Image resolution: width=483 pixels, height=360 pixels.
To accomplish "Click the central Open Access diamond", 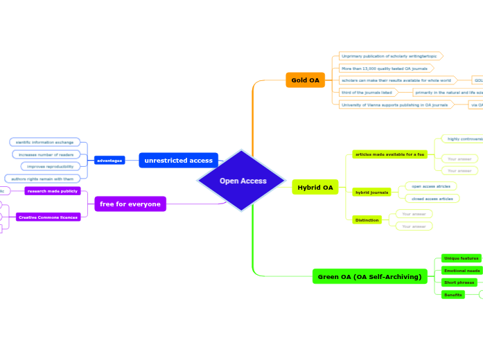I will click(x=242, y=181).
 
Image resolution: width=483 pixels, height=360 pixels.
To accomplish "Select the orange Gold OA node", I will click(x=305, y=80).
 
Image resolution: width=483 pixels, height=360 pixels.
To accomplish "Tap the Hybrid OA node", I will click(x=315, y=188).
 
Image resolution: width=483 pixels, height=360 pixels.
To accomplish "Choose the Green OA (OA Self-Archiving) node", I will click(x=369, y=277).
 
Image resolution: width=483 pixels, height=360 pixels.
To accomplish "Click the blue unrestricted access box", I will click(x=178, y=161).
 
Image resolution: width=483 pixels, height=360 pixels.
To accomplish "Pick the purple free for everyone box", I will click(x=130, y=204).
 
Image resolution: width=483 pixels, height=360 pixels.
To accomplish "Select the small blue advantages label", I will click(x=109, y=161).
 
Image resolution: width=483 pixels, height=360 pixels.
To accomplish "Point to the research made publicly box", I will click(x=53, y=191).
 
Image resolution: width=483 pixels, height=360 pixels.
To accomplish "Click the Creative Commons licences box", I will click(x=48, y=217).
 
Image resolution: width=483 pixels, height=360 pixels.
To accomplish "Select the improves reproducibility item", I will click(x=51, y=167).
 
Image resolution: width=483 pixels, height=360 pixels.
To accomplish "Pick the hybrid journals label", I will click(x=372, y=192).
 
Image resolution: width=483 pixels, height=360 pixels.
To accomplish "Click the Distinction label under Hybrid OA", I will click(x=367, y=220).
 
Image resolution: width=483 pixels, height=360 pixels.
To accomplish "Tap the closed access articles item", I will click(x=431, y=199).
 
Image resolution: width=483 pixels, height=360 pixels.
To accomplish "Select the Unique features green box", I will click(x=462, y=258).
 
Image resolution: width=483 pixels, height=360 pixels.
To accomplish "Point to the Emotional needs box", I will click(x=462, y=271).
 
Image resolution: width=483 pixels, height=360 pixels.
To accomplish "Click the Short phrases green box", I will click(x=459, y=282).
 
